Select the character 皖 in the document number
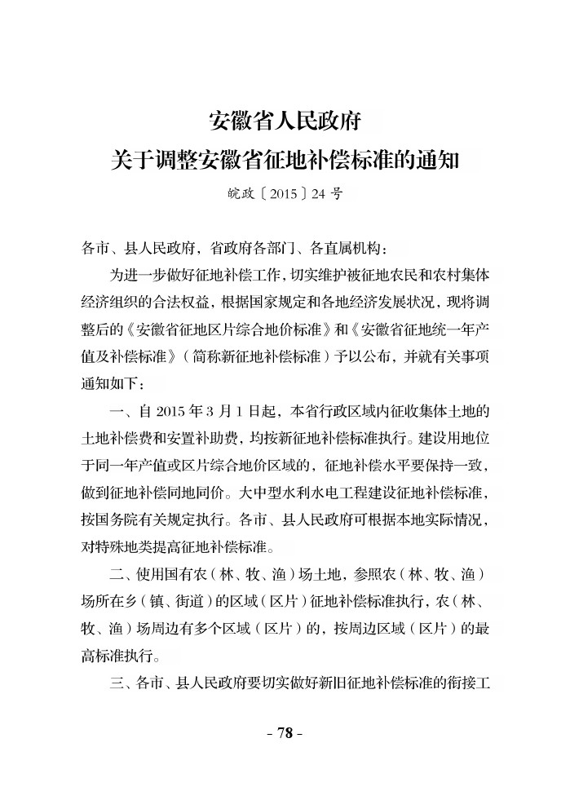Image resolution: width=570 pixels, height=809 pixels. click(x=235, y=196)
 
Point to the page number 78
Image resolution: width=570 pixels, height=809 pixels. click(x=285, y=732)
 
